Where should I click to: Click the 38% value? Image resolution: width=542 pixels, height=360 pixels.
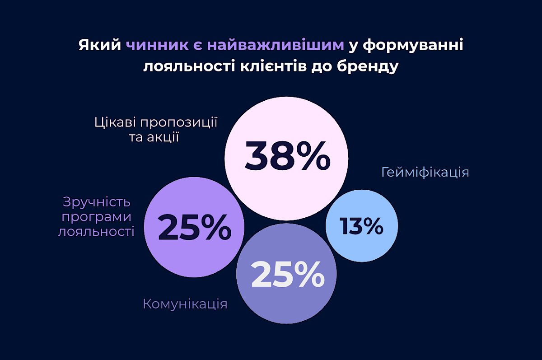[287, 156]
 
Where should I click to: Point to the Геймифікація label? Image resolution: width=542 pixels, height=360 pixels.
[425, 173]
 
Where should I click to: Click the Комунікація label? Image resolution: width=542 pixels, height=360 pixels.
[185, 304]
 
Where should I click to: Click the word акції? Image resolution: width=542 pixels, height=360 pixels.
[162, 137]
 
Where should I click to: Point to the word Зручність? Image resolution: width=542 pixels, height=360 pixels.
[97, 202]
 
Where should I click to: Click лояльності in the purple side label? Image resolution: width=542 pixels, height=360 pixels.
[97, 232]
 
